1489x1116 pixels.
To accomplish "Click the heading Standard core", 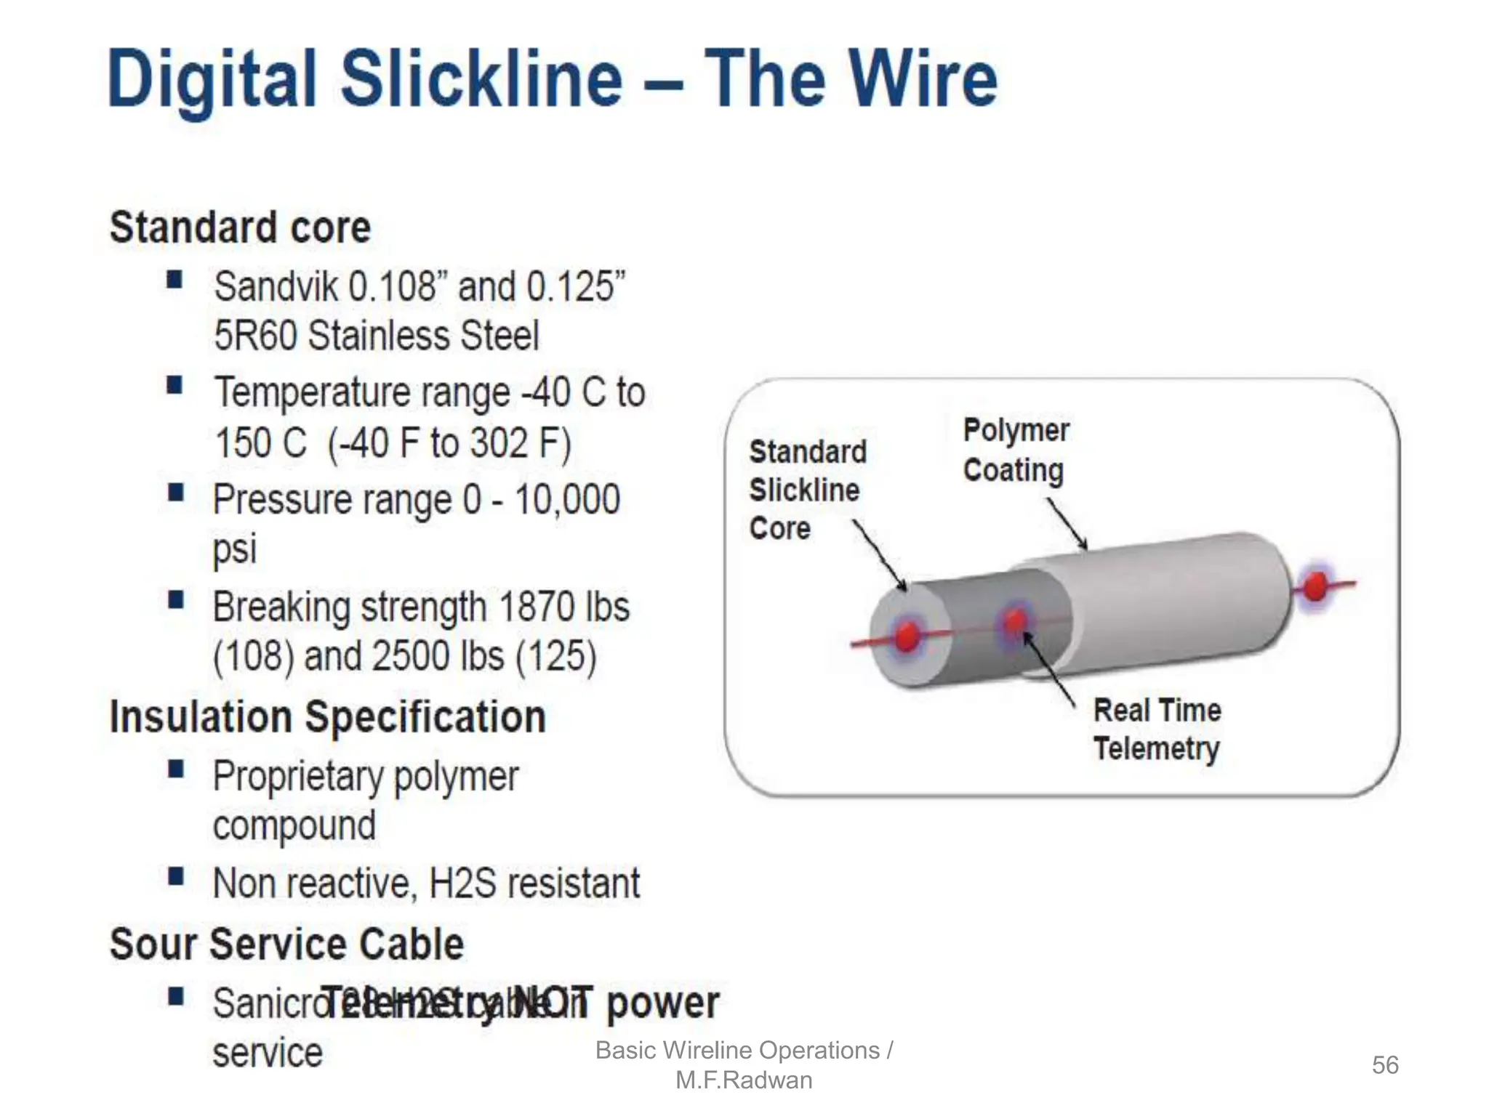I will (x=240, y=227).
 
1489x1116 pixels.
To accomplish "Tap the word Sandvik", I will (x=276, y=286).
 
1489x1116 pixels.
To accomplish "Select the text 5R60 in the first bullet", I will (x=255, y=336).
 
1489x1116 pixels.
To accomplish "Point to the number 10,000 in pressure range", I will (x=567, y=500).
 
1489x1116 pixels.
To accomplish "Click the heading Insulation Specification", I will (x=327, y=717).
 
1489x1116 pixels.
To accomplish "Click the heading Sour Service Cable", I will (x=286, y=944).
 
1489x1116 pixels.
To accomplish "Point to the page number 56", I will (x=1384, y=1065).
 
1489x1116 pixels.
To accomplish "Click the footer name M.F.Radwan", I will (x=744, y=1080).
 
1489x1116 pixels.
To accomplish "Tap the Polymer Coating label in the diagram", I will (x=1016, y=450).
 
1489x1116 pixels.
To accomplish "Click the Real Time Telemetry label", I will (x=1157, y=729).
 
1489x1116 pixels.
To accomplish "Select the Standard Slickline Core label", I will (x=807, y=490).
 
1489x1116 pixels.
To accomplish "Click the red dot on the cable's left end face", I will (x=907, y=637).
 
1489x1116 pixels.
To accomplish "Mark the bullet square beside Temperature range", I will (x=174, y=386).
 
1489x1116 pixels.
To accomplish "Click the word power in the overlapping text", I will (x=662, y=1003).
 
